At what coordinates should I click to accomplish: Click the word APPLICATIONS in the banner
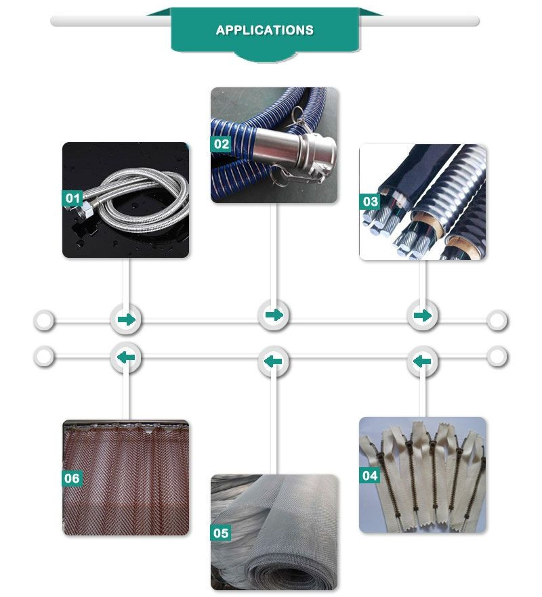[x=264, y=30]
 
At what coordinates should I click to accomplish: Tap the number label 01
[x=72, y=198]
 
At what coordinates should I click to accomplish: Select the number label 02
[x=221, y=144]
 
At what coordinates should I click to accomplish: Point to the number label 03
[x=370, y=202]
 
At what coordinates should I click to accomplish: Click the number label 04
[x=370, y=475]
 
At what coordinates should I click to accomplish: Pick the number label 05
[x=221, y=533]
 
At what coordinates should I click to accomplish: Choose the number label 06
[x=72, y=478]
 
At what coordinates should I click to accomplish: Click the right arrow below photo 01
[x=126, y=319]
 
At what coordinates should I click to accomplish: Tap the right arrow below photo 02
[x=274, y=315]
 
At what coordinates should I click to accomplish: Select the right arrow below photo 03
[x=423, y=315]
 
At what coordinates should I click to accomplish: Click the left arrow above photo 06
[x=126, y=357]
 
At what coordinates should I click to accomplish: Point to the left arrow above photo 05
[x=273, y=361]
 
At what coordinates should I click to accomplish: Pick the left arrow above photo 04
[x=422, y=361]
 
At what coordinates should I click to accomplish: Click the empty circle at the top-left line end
[x=44, y=320]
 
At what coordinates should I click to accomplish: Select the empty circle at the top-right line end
[x=497, y=320]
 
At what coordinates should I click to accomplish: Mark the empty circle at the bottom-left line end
[x=44, y=357]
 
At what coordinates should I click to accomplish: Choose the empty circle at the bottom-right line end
[x=497, y=357]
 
